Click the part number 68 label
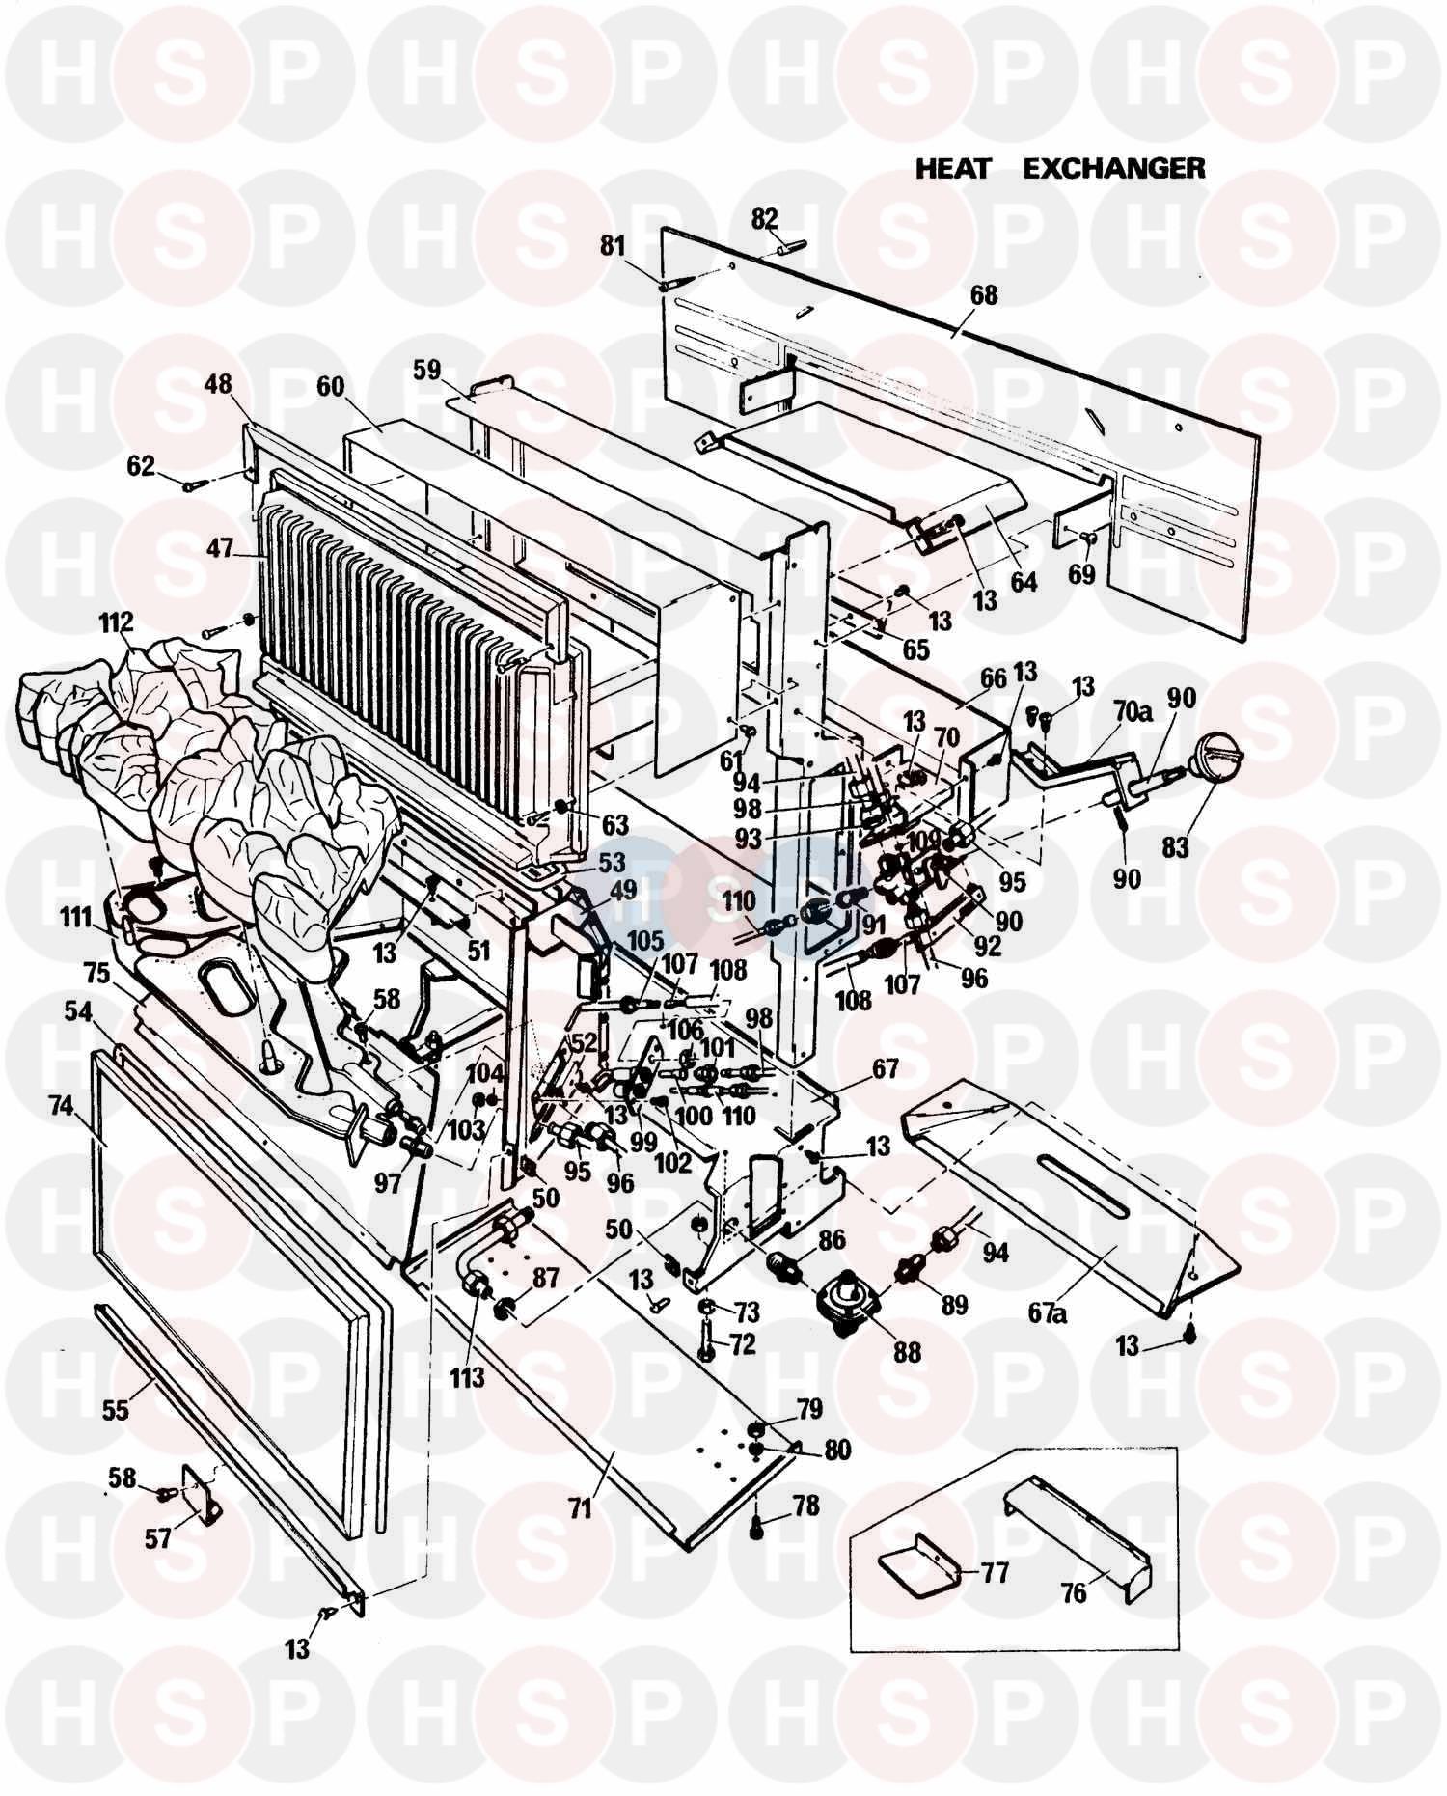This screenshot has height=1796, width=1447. (x=984, y=294)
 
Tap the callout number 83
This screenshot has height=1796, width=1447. (x=1175, y=848)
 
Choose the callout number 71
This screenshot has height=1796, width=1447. (x=580, y=1507)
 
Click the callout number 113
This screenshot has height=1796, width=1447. (x=467, y=1374)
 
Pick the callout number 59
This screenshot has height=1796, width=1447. (x=425, y=369)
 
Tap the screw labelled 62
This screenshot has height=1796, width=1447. (x=196, y=485)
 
